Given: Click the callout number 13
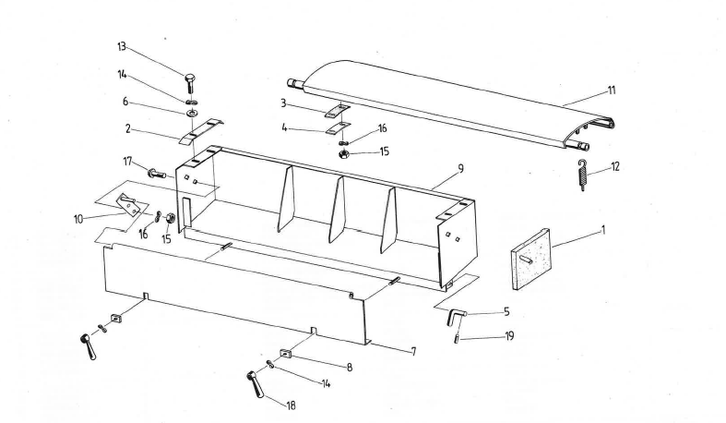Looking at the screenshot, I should point(121,45).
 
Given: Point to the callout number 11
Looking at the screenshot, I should point(612,91).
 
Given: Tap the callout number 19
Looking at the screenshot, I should point(508,336).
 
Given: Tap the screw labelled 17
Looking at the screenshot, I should point(154,172).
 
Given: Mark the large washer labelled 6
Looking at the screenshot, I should point(191,113).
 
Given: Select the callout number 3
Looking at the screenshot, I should point(285,103).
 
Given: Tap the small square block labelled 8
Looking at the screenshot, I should point(285,352).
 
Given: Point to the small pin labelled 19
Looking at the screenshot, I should point(458,338).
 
